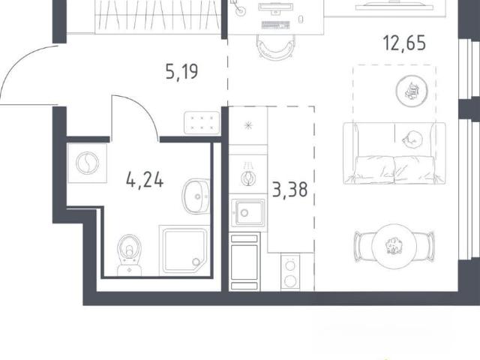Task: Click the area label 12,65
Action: tap(404, 43)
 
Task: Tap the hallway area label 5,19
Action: tap(181, 72)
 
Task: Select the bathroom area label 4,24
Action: tap(145, 180)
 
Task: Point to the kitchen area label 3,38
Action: tap(289, 190)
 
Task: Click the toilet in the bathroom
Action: tap(130, 255)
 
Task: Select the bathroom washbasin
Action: tap(196, 196)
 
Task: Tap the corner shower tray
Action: tap(184, 251)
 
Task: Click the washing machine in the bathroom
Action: tap(87, 163)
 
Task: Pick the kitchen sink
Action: tap(248, 213)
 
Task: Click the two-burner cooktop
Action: tap(290, 271)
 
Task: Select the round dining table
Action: tap(394, 246)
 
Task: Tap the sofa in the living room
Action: tap(394, 153)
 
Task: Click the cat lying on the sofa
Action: tap(412, 139)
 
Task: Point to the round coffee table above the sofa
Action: tap(412, 91)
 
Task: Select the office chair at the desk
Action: tap(276, 46)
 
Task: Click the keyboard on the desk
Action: tap(275, 25)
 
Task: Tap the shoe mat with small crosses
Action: tap(202, 123)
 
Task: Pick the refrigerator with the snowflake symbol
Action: tap(248, 125)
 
